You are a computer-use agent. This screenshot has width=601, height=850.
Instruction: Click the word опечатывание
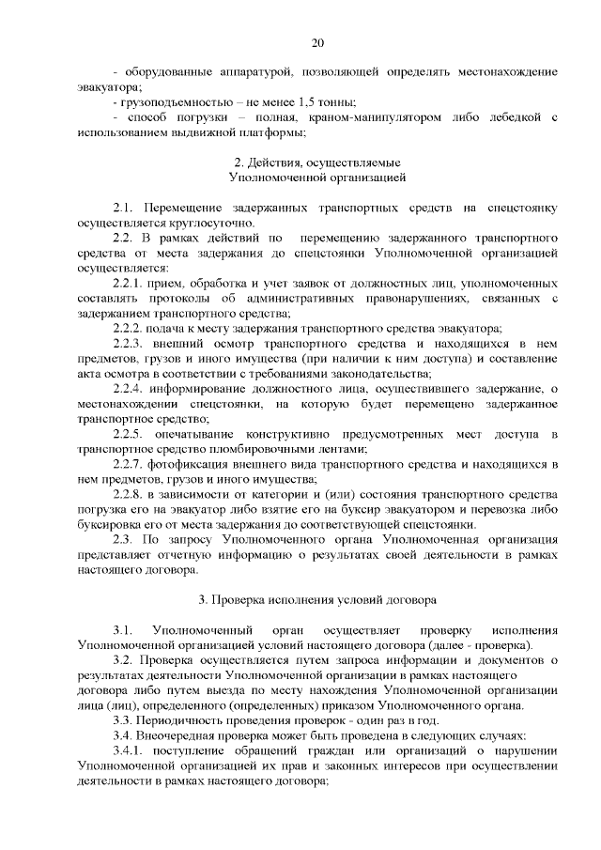pos(207,432)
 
